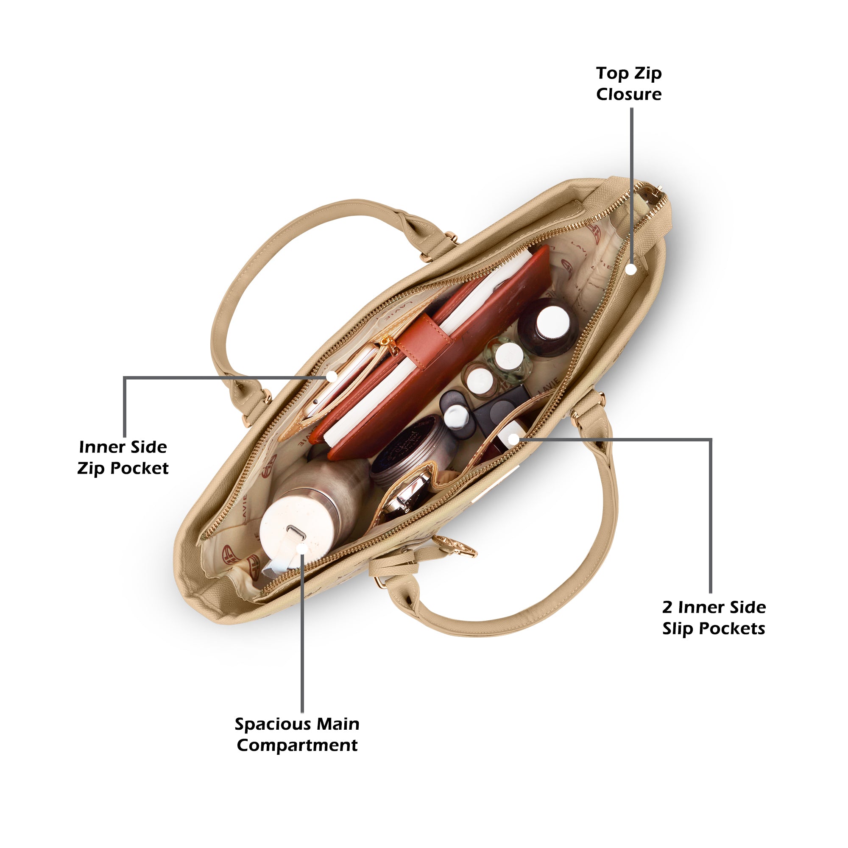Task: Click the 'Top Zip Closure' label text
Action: pos(628,84)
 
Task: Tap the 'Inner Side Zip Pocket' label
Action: pos(123,457)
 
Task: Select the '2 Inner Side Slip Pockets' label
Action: pos(714,618)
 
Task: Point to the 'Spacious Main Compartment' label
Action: pos(297,735)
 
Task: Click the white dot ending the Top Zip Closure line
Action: pos(631,270)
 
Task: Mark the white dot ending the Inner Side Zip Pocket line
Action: pos(332,376)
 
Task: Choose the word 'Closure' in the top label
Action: pos(628,94)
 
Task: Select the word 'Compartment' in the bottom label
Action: pos(297,745)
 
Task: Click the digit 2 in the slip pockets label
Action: pos(667,608)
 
